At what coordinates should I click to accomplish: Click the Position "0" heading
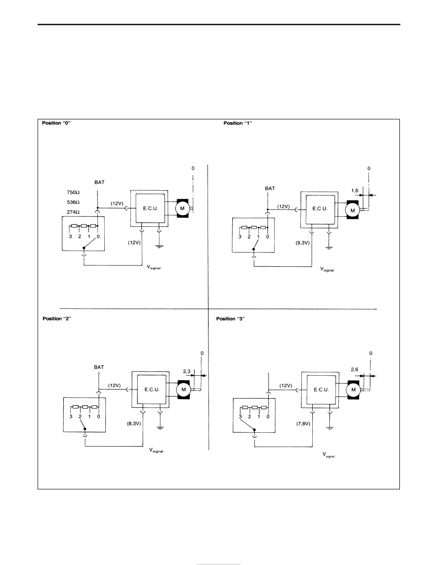pyautogui.click(x=56, y=123)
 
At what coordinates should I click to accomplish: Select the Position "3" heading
pyautogui.click(x=230, y=319)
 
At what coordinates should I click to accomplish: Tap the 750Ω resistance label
pyautogui.click(x=73, y=193)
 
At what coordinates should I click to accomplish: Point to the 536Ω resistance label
pyautogui.click(x=73, y=202)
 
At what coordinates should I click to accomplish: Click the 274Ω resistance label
pyautogui.click(x=73, y=212)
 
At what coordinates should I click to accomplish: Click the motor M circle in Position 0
pyautogui.click(x=182, y=208)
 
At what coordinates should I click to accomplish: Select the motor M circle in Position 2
pyautogui.click(x=184, y=389)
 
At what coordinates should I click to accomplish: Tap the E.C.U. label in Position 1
pyautogui.click(x=319, y=209)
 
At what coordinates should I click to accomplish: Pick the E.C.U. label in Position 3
pyautogui.click(x=321, y=390)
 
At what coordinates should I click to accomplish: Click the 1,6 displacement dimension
pyautogui.click(x=355, y=191)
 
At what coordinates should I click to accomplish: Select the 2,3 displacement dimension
pyautogui.click(x=187, y=371)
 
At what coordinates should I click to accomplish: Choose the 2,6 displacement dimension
pyautogui.click(x=355, y=370)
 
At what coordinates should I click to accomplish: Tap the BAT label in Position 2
pyautogui.click(x=99, y=367)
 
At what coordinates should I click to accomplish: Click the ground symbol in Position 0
pyautogui.click(x=159, y=246)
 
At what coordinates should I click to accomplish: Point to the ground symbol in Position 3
pyautogui.click(x=329, y=428)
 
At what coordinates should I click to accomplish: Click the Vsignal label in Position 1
pyautogui.click(x=327, y=269)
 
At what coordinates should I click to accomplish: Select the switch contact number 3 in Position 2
pyautogui.click(x=71, y=417)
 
